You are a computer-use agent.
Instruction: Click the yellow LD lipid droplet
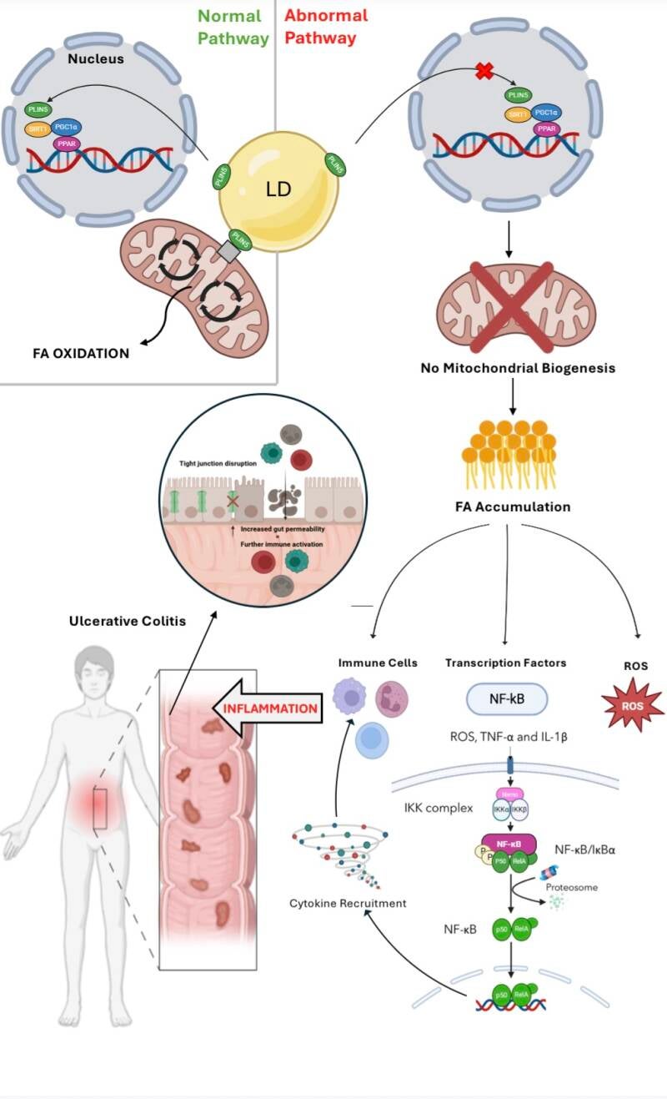click(x=278, y=191)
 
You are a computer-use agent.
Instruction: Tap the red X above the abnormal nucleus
click(x=484, y=73)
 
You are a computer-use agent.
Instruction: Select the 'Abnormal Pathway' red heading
click(x=325, y=27)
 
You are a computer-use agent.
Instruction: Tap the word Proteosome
click(x=572, y=887)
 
